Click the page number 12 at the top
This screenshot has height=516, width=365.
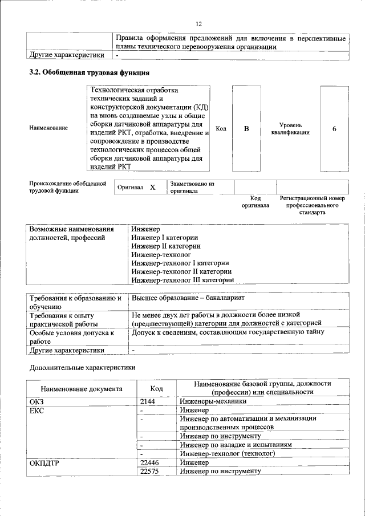pos(198,24)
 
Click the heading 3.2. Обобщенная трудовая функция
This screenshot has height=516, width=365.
pos(90,73)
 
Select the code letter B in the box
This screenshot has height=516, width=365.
pos(246,129)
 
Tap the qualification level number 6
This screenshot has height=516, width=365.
pos(334,129)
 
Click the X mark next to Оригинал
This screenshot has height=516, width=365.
pos(152,187)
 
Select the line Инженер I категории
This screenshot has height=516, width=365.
pos(164,238)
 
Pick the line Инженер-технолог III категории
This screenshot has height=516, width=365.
pos(182,280)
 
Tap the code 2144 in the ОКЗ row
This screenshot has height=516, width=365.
pos(148,401)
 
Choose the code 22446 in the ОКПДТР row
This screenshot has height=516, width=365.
pos(149,462)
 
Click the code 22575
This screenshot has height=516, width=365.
pos(149,471)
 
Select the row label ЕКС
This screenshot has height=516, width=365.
pos(36,410)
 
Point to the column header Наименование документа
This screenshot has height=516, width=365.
pos(81,389)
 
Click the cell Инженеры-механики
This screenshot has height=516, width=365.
pos(209,401)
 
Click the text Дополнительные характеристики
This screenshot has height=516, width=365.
pos(82,368)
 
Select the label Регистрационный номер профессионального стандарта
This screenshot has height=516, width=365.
pos(312,205)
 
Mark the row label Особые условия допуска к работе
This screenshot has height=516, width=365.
pos(72,336)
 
